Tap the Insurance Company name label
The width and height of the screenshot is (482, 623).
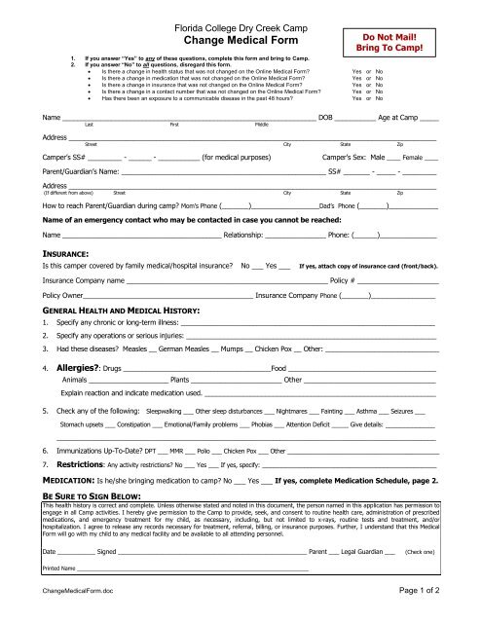click(76, 307)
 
